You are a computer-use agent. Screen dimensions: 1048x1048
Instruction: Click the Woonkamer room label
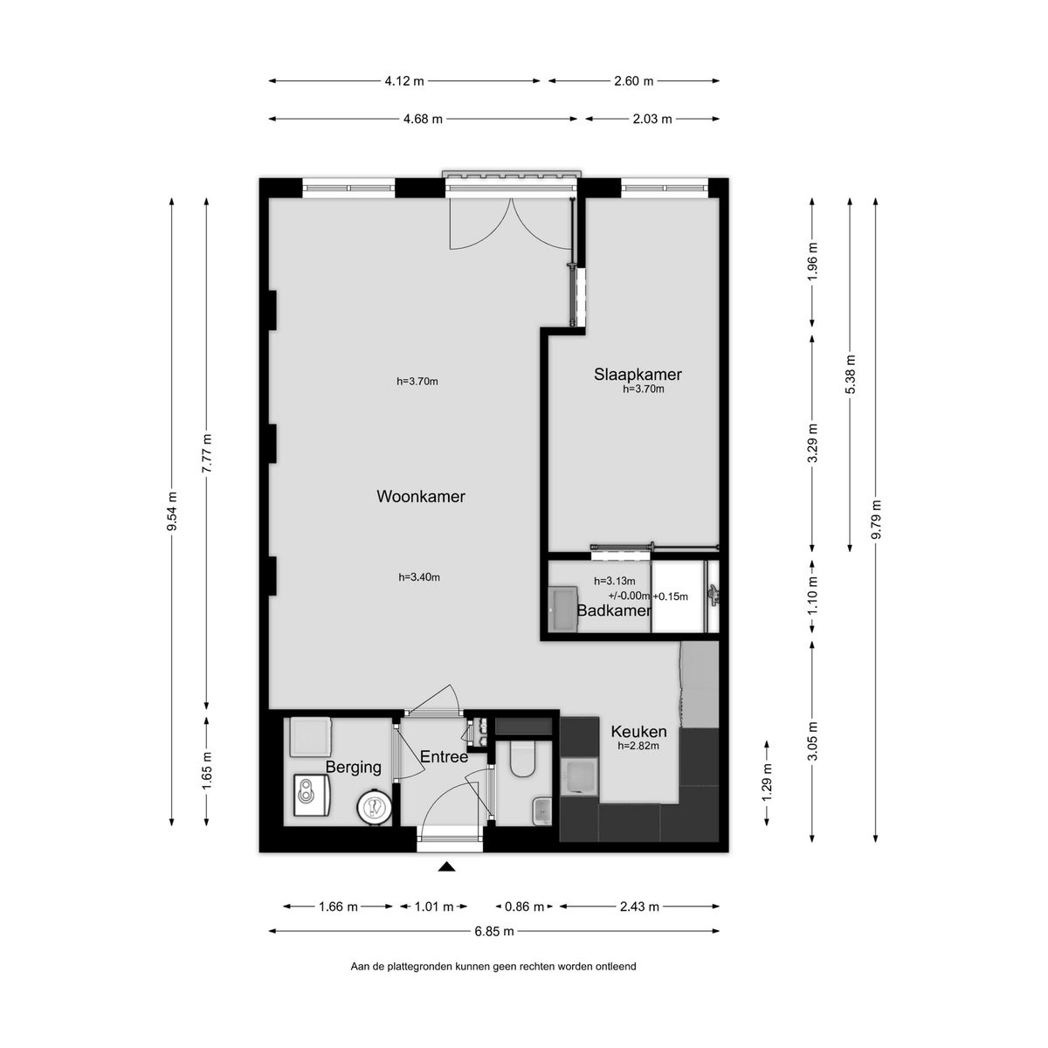tap(420, 497)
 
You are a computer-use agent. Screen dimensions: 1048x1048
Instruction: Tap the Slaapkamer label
tap(638, 374)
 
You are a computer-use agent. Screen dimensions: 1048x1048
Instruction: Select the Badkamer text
tap(613, 610)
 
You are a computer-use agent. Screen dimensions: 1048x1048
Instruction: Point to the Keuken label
tap(638, 732)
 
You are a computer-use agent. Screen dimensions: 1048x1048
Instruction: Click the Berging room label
tap(353, 768)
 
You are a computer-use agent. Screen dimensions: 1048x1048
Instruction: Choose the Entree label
tap(444, 756)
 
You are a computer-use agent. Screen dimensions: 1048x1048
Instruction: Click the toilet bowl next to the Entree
tap(522, 761)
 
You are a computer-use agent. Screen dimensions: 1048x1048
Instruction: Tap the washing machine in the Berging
tap(312, 795)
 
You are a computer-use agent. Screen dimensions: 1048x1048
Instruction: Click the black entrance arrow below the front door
tap(446, 867)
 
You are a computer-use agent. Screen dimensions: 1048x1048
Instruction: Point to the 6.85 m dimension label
tap(493, 931)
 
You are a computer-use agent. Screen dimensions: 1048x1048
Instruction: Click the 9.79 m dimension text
tap(876, 520)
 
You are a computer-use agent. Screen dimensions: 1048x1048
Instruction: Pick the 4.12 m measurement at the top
tap(404, 81)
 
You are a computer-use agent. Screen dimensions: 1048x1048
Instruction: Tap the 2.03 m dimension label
tap(652, 119)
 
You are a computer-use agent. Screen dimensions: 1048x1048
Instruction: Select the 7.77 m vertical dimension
tap(207, 453)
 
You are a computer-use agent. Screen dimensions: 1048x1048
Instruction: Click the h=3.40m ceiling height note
tap(419, 577)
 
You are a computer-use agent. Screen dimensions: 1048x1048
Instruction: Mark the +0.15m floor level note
tap(671, 596)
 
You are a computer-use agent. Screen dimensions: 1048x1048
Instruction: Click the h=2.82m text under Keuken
tap(638, 746)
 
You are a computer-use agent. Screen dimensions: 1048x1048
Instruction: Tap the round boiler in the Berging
tap(374, 806)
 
